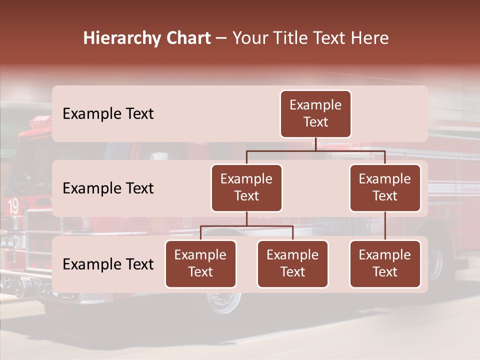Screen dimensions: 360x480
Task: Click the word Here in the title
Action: coord(369,38)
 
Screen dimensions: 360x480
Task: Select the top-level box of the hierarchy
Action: coord(315,114)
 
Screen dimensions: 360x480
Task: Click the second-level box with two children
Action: coord(246,187)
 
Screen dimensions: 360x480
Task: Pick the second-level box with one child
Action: coord(385,187)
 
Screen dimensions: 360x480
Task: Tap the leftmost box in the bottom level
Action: coord(200,263)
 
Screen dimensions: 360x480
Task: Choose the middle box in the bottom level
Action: coord(292,263)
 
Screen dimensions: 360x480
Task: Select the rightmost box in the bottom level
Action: coord(385,263)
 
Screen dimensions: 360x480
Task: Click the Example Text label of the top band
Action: coord(108,114)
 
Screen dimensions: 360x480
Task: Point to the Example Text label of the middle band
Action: coord(108,188)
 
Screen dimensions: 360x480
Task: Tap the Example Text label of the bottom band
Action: coord(108,264)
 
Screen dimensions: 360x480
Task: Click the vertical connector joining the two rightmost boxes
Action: coord(385,226)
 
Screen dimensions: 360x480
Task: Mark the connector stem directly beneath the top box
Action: coord(315,144)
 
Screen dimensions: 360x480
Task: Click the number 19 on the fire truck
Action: coord(13,206)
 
